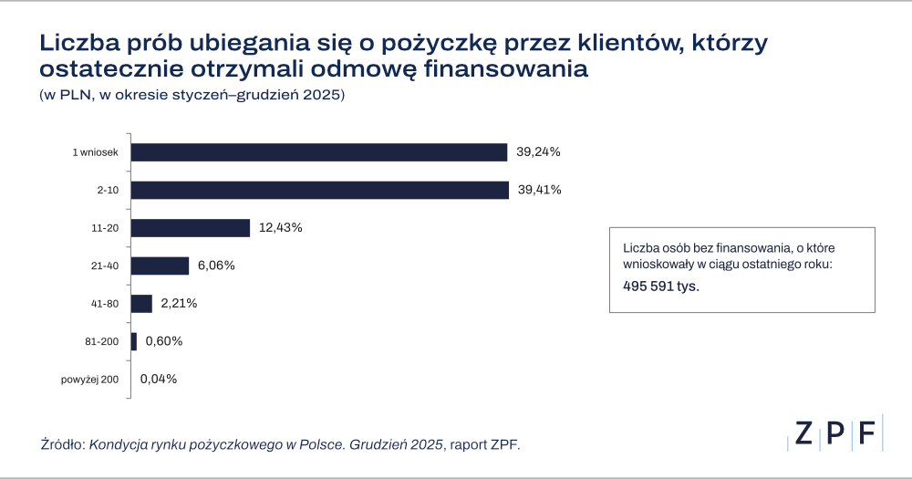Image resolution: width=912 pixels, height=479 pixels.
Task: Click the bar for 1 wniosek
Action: [318, 152]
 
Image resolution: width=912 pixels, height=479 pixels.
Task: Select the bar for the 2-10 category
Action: [319, 190]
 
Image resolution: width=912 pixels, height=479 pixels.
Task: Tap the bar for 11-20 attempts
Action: [190, 228]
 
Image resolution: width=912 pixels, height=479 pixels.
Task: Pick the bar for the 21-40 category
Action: [160, 266]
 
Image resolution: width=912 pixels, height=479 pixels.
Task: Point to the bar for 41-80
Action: [141, 303]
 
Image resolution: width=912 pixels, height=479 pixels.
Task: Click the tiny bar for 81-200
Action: [134, 341]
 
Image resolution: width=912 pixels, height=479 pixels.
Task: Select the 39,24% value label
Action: [538, 152]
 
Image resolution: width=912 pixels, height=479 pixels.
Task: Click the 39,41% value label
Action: [539, 190]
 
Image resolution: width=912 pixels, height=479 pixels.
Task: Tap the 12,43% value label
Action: [280, 228]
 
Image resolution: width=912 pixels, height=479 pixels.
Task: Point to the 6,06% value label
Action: [216, 266]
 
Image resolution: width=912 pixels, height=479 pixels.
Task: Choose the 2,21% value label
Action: [179, 303]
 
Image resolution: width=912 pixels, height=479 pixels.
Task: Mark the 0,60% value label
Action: [164, 341]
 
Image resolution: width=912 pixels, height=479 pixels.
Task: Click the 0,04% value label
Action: [159, 379]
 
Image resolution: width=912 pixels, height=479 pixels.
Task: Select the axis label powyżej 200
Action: [90, 379]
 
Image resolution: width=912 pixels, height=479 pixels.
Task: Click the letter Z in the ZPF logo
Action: [803, 433]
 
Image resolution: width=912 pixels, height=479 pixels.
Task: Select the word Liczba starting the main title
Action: [74, 43]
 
